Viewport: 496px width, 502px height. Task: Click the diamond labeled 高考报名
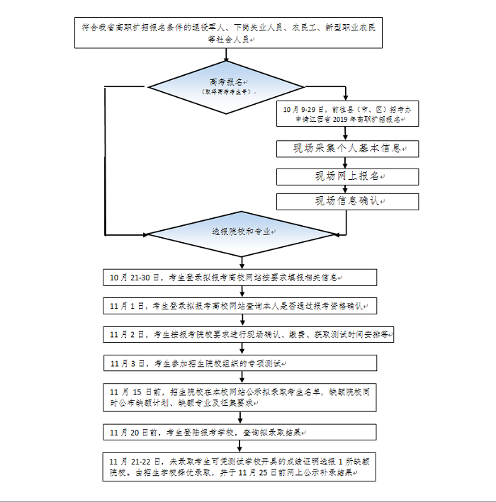tap(226, 86)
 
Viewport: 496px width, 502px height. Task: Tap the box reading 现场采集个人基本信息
tap(347, 149)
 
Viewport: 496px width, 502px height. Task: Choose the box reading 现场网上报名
tap(347, 176)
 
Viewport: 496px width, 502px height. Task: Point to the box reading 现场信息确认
tap(347, 201)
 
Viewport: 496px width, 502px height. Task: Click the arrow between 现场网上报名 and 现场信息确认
tap(347, 188)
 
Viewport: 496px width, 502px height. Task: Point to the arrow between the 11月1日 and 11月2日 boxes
tap(242, 320)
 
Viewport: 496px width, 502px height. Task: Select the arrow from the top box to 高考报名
tap(227, 54)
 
